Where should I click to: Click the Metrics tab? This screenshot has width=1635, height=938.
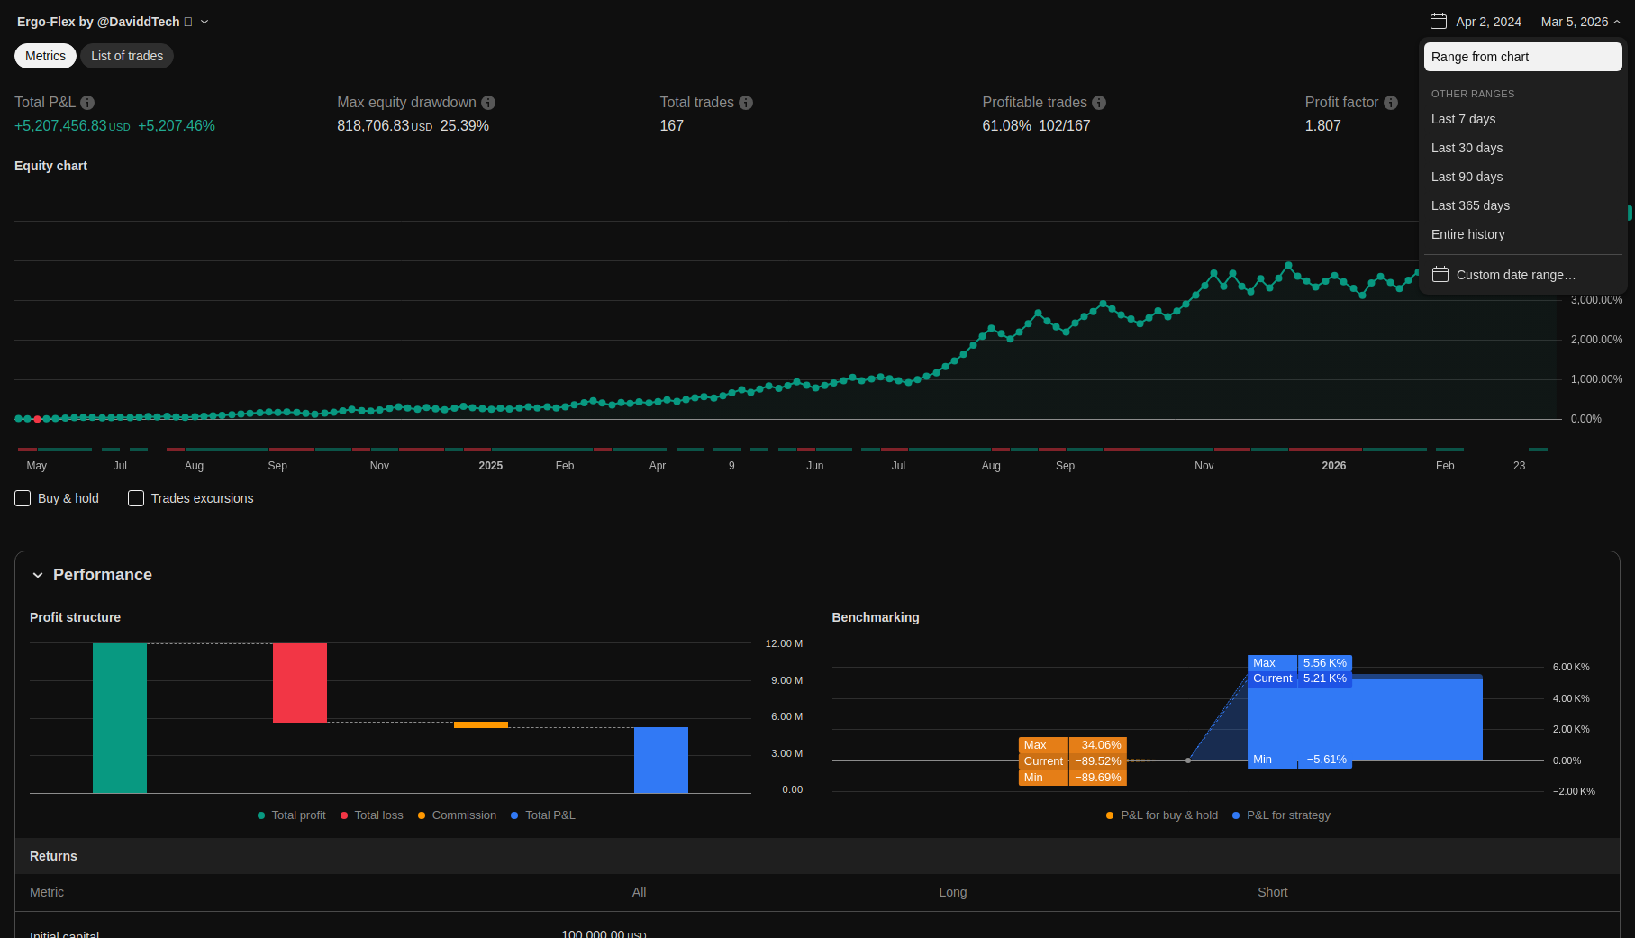pyautogui.click(x=45, y=56)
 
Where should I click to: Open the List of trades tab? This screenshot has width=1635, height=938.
pyautogui.click(x=127, y=56)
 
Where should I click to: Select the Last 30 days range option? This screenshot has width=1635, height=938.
pyautogui.click(x=1467, y=148)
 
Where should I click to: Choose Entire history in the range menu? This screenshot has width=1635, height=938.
pyautogui.click(x=1467, y=234)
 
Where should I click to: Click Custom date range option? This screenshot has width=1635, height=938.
pyautogui.click(x=1515, y=275)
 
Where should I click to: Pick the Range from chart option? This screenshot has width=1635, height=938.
pyautogui.click(x=1522, y=57)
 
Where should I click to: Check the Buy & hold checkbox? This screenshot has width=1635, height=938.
pyautogui.click(x=23, y=498)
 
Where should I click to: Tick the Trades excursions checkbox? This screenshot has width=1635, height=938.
pyautogui.click(x=136, y=498)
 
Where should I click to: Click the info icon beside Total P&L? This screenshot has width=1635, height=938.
pyautogui.click(x=87, y=103)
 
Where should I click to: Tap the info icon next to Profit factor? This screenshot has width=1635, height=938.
pyautogui.click(x=1391, y=103)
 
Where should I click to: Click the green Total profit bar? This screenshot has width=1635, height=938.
pyautogui.click(x=120, y=717)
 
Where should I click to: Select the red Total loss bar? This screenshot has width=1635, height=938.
pyautogui.click(x=300, y=682)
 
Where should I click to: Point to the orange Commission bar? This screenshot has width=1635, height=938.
pyautogui.click(x=481, y=724)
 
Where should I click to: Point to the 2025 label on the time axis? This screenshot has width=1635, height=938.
pyautogui.click(x=491, y=466)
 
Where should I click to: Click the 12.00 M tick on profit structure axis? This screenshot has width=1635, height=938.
pyautogui.click(x=784, y=643)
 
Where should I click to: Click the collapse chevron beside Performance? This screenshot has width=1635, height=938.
pyautogui.click(x=38, y=575)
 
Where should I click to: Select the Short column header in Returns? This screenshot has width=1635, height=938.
pyautogui.click(x=1272, y=892)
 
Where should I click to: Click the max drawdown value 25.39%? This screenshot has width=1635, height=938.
pyautogui.click(x=464, y=126)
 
